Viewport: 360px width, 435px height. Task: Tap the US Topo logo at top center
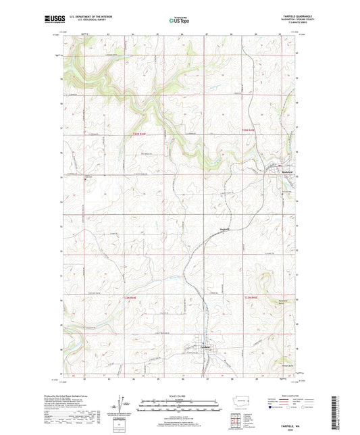179,20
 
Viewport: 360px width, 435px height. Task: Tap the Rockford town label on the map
287,170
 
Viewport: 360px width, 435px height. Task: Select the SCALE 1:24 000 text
180,396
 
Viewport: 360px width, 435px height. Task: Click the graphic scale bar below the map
180,407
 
